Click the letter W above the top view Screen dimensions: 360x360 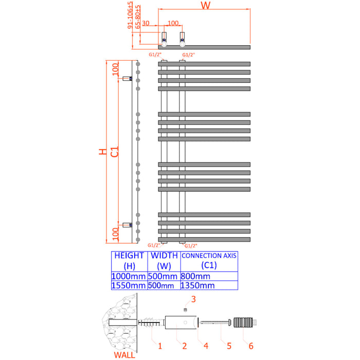point(205,6)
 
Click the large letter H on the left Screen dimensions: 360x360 point(103,152)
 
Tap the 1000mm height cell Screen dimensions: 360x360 point(129,276)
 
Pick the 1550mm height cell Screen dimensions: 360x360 point(129,286)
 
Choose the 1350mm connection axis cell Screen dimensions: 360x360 point(195,286)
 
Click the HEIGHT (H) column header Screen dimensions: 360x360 point(129,261)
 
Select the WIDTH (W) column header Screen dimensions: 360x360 point(164,261)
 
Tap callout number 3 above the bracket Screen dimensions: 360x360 point(193,299)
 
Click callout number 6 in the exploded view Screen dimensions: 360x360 point(251,346)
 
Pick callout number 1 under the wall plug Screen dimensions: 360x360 point(160,346)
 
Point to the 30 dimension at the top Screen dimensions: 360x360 point(146,23)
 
